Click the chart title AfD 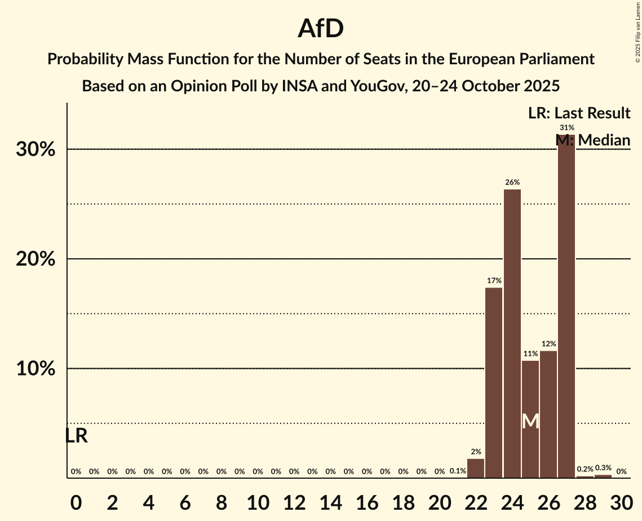[x=321, y=29]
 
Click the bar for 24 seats [x=512, y=334]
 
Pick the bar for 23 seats [x=494, y=383]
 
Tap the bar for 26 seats [x=548, y=414]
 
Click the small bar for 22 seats [x=476, y=469]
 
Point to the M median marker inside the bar [x=530, y=421]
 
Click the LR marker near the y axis [x=76, y=436]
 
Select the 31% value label [x=566, y=127]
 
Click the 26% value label [x=512, y=182]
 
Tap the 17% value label [x=494, y=280]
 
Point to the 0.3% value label [x=603, y=468]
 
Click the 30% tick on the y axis [x=39, y=150]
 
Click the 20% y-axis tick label [x=39, y=259]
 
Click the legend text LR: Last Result [x=579, y=113]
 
